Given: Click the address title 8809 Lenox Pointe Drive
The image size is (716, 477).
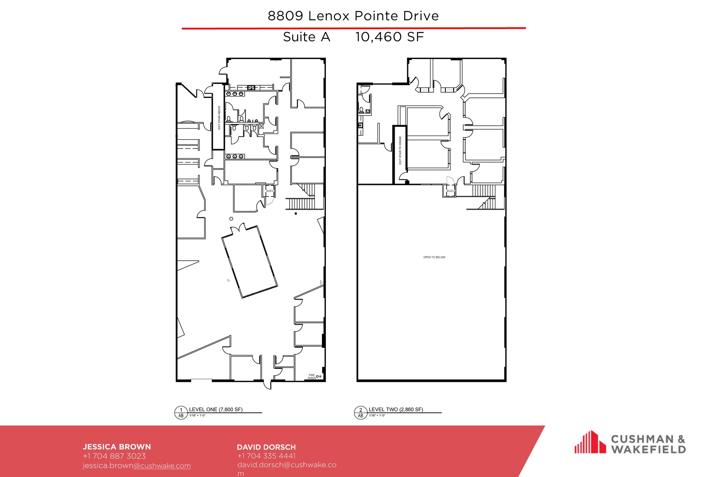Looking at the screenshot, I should (x=353, y=16).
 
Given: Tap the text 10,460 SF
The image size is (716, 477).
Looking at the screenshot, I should (x=389, y=37).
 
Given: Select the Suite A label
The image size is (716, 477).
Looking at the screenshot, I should (x=307, y=37).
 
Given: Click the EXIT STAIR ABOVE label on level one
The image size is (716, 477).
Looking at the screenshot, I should (x=219, y=118).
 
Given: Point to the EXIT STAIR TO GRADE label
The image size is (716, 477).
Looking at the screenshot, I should (x=400, y=150).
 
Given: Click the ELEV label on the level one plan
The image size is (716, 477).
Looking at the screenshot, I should (x=269, y=191).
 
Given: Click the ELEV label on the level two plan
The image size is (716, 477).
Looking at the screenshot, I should (x=450, y=191).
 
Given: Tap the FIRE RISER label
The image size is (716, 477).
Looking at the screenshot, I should (x=312, y=376).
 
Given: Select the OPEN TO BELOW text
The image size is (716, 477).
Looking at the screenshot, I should (x=434, y=257).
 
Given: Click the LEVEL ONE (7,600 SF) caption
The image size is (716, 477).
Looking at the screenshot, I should (x=216, y=409).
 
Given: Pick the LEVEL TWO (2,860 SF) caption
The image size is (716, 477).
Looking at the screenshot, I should (x=396, y=409).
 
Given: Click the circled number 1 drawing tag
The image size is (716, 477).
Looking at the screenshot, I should (x=181, y=410).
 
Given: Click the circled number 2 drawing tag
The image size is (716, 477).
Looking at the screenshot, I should (x=360, y=410).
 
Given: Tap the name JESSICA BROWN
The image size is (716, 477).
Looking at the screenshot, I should (x=117, y=447).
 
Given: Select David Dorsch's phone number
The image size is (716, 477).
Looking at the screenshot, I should (x=266, y=456).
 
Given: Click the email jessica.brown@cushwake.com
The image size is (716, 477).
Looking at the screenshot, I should (x=137, y=465).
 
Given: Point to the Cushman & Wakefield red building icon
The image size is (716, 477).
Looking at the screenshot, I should (x=590, y=442).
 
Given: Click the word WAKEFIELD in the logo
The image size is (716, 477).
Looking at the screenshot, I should (x=648, y=449).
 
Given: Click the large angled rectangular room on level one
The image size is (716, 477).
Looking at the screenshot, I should (x=250, y=261).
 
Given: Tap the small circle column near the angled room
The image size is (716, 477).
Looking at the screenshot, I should (x=231, y=219).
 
